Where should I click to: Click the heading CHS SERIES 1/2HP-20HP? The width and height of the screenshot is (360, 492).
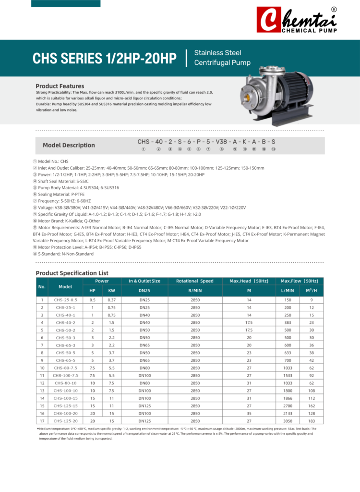(x=105, y=58)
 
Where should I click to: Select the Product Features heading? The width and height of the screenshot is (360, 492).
(x=60, y=86)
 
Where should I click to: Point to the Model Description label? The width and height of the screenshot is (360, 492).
(x=69, y=145)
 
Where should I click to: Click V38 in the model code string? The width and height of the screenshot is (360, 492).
(x=221, y=142)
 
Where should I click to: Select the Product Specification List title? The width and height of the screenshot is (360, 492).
(x=72, y=273)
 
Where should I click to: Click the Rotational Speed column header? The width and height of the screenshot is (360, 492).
(x=195, y=281)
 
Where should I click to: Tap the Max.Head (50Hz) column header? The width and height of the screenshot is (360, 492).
(x=249, y=281)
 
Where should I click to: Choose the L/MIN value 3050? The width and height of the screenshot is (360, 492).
(x=288, y=421)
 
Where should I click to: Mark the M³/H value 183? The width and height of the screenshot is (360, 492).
(x=312, y=421)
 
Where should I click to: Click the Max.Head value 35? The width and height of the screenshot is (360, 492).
(x=249, y=413)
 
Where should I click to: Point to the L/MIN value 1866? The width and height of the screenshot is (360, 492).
(x=288, y=398)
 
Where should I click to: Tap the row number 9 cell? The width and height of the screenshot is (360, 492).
(x=42, y=360)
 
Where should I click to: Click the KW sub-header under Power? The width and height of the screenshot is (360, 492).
(x=111, y=291)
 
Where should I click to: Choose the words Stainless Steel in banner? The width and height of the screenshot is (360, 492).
(x=217, y=53)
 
